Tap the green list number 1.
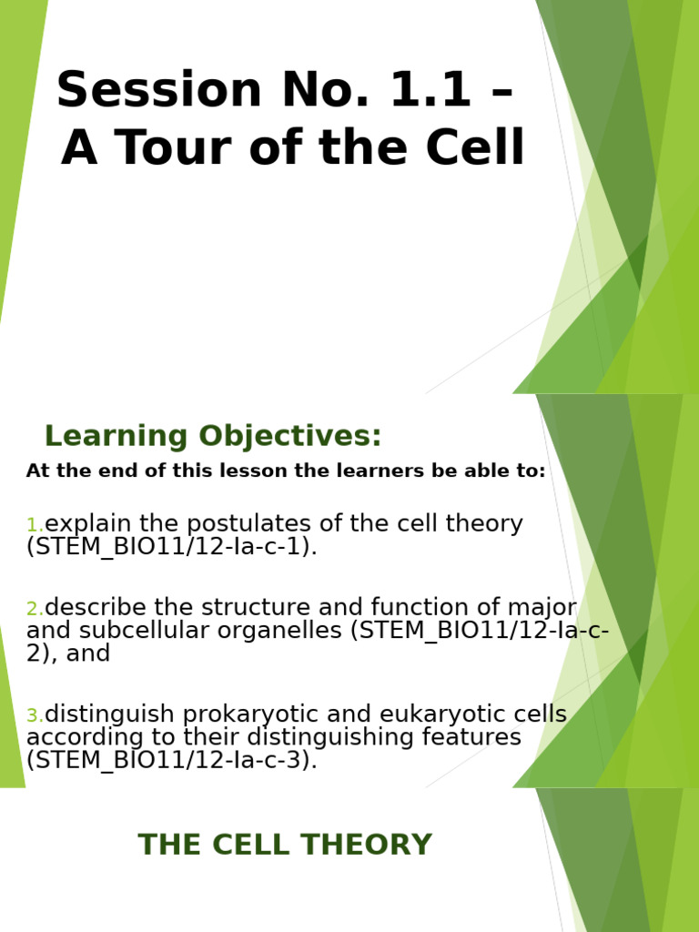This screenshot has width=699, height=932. [x=35, y=525]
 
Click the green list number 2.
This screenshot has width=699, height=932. [x=35, y=609]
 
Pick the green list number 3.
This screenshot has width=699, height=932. [x=35, y=716]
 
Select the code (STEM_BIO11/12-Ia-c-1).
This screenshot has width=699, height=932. [x=172, y=547]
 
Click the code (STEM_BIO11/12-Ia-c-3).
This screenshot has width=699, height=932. [x=172, y=760]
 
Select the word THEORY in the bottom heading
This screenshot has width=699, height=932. [x=372, y=846]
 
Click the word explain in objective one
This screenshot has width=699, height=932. [x=84, y=524]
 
